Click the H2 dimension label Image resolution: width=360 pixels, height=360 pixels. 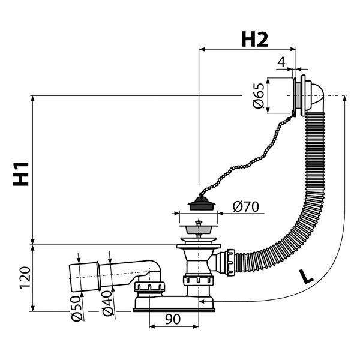tap(255, 40)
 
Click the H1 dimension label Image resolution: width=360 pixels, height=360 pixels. tap(21, 174)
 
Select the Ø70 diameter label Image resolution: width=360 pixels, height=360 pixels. tap(245, 206)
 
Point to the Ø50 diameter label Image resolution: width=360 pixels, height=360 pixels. tap(76, 308)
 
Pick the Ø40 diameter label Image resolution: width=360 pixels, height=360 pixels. tap(107, 304)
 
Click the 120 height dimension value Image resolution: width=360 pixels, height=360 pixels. tap(25, 277)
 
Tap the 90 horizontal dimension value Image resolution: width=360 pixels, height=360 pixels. tap(173, 319)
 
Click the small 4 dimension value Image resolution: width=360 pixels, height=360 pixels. tap(281, 62)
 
